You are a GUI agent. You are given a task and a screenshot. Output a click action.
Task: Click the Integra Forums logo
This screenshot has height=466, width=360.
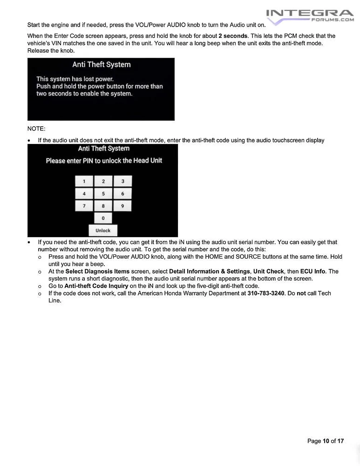pos(310,15)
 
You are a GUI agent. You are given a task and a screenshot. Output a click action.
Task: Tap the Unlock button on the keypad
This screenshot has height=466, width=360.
pos(103,230)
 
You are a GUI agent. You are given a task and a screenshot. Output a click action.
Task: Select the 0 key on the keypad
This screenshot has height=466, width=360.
pos(103,218)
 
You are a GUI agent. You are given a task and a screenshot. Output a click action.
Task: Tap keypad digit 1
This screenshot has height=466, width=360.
pos(84,181)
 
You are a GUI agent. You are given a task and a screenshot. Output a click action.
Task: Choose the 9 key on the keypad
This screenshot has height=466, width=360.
pos(122,206)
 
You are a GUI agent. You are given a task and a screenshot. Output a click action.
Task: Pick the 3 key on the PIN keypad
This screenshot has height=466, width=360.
pos(122,181)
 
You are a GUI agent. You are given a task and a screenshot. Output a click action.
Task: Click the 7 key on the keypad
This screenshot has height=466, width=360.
pos(84,206)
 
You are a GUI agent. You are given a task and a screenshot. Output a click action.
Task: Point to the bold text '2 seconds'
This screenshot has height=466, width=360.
pos(233,36)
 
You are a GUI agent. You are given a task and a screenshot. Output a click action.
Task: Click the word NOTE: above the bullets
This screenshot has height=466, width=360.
pos(36,129)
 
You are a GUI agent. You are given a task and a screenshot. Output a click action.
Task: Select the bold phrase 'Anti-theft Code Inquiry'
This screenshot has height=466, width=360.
pos(96,286)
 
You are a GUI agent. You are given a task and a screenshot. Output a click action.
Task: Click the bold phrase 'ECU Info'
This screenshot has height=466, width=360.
pos(313,271)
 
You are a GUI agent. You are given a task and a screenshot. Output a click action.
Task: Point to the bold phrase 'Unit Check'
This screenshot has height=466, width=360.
pos(268,271)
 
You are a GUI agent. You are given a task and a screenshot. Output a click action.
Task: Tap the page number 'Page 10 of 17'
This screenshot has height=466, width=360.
pos(326,441)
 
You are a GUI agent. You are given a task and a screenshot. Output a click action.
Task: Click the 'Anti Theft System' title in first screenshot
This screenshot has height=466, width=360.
pos(101,65)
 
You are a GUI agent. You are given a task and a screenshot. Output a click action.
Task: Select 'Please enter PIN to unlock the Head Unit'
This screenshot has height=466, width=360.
pos(104,161)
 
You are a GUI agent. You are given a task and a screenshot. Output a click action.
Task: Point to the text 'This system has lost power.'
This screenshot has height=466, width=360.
pos(75,79)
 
